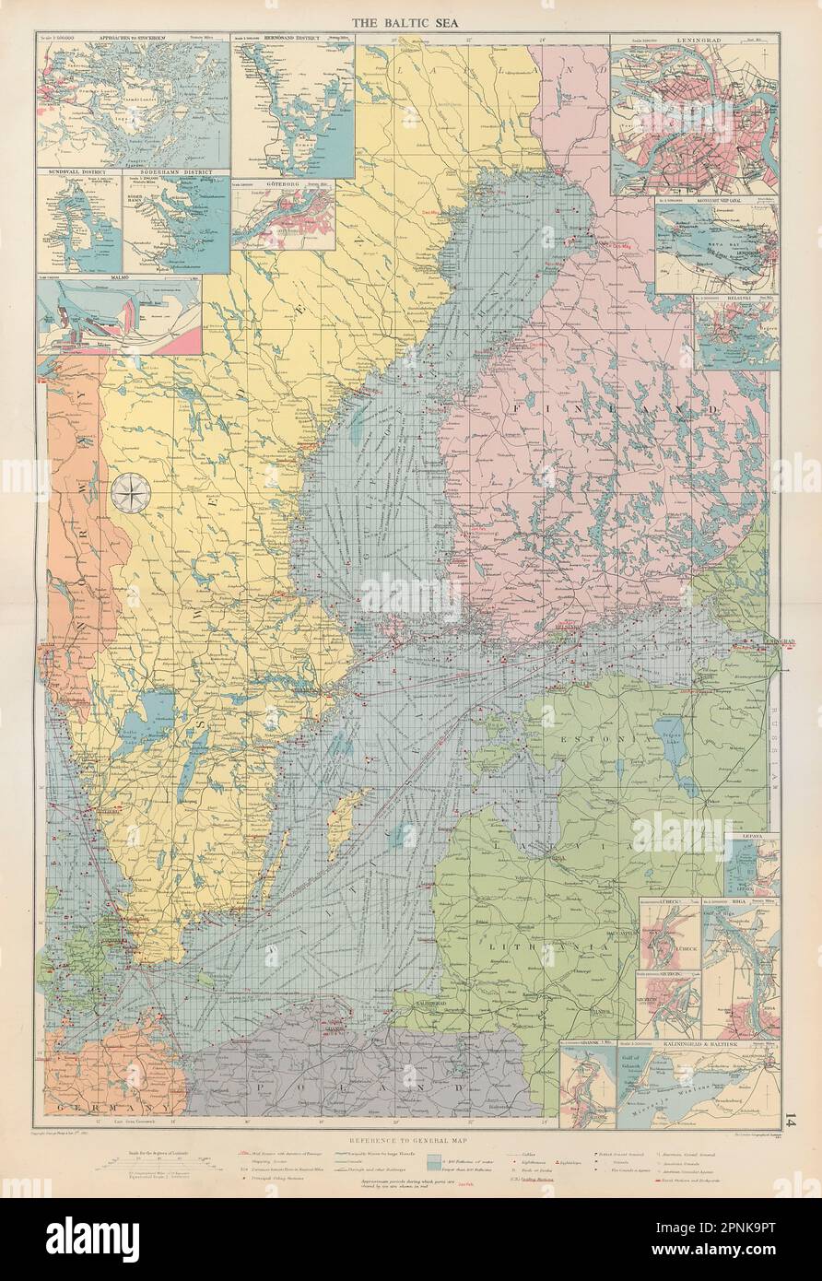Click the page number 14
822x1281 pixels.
click(x=790, y=1119)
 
